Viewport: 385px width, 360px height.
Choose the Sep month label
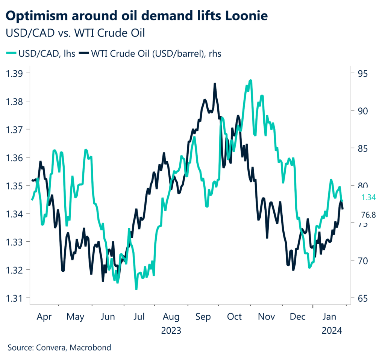203,317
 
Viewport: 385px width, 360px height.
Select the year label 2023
171,331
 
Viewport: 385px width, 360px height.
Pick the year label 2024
331,331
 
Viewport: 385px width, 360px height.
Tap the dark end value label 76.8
369,215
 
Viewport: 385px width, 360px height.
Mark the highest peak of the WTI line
215,84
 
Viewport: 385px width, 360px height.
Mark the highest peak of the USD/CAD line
251,80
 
